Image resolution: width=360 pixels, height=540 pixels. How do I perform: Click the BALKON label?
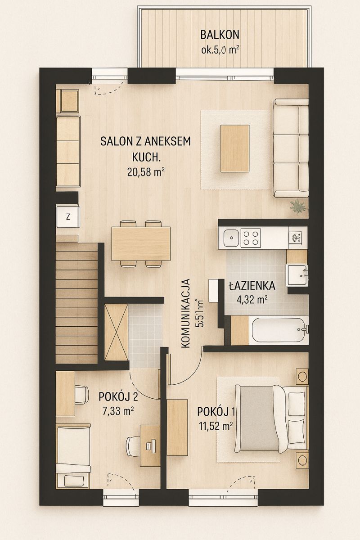click(x=220, y=35)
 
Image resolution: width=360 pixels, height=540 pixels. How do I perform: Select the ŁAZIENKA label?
click(x=252, y=286)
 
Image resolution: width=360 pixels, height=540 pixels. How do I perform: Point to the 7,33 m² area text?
click(x=118, y=410)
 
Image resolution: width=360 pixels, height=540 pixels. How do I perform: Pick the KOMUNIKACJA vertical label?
click(x=185, y=313)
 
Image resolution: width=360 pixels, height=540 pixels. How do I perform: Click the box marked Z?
click(x=68, y=217)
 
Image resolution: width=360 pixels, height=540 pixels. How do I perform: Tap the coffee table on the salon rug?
click(x=235, y=148)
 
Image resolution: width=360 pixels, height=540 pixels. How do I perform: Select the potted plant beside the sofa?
click(x=298, y=206)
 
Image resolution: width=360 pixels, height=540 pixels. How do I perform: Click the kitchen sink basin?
click(x=231, y=238)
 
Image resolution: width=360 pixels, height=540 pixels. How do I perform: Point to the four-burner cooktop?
click(x=251, y=238)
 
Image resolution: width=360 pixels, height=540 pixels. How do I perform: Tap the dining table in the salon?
click(x=141, y=244)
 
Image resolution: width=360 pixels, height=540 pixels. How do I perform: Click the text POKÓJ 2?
click(x=118, y=397)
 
